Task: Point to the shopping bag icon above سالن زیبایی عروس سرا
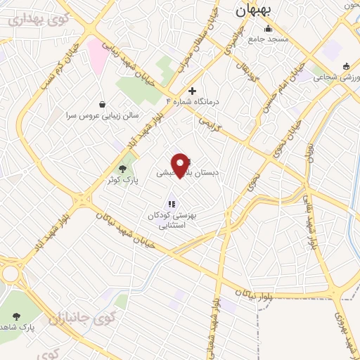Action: [103, 103]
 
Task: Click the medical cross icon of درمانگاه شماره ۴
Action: [192, 91]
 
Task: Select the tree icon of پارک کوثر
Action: [124, 169]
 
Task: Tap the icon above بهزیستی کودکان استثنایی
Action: [172, 204]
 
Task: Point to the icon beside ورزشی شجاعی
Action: [345, 67]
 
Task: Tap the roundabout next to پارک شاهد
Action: [11, 272]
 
